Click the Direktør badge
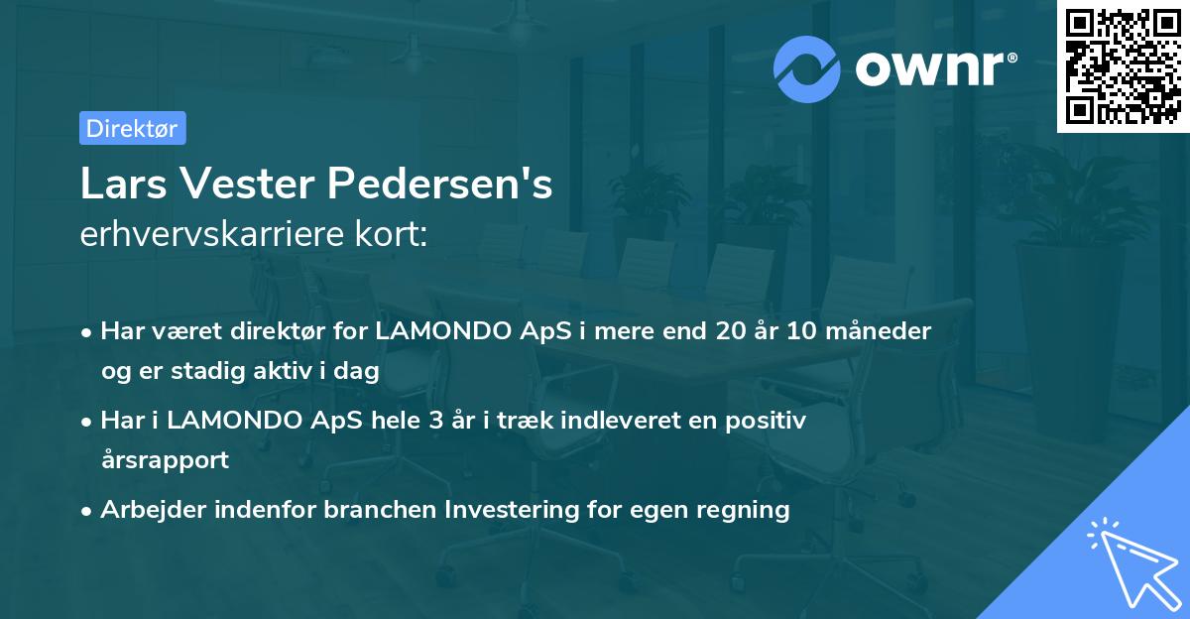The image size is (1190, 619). [x=132, y=128]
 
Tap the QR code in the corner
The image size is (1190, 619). [x=1123, y=66]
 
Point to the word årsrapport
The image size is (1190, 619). [x=165, y=460]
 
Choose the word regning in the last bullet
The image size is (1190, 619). [x=743, y=510]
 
